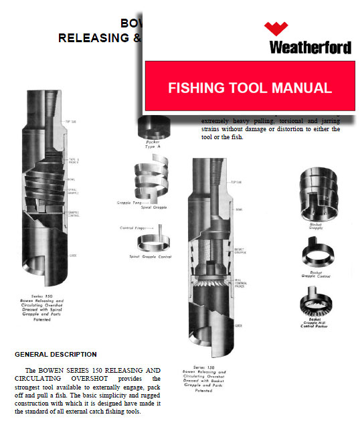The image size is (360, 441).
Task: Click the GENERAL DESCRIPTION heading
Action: [56, 354]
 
